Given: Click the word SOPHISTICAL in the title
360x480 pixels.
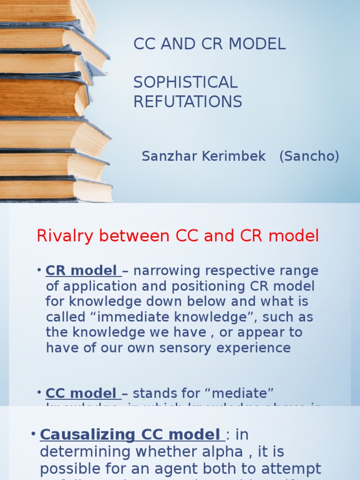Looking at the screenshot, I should point(186,82).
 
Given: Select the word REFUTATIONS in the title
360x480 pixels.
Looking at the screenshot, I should point(187,102).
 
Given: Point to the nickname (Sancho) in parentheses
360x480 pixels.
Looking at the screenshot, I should point(309,157).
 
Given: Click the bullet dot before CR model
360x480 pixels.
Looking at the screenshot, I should point(40,271).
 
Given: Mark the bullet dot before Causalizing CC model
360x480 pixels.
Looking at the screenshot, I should point(33,434).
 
